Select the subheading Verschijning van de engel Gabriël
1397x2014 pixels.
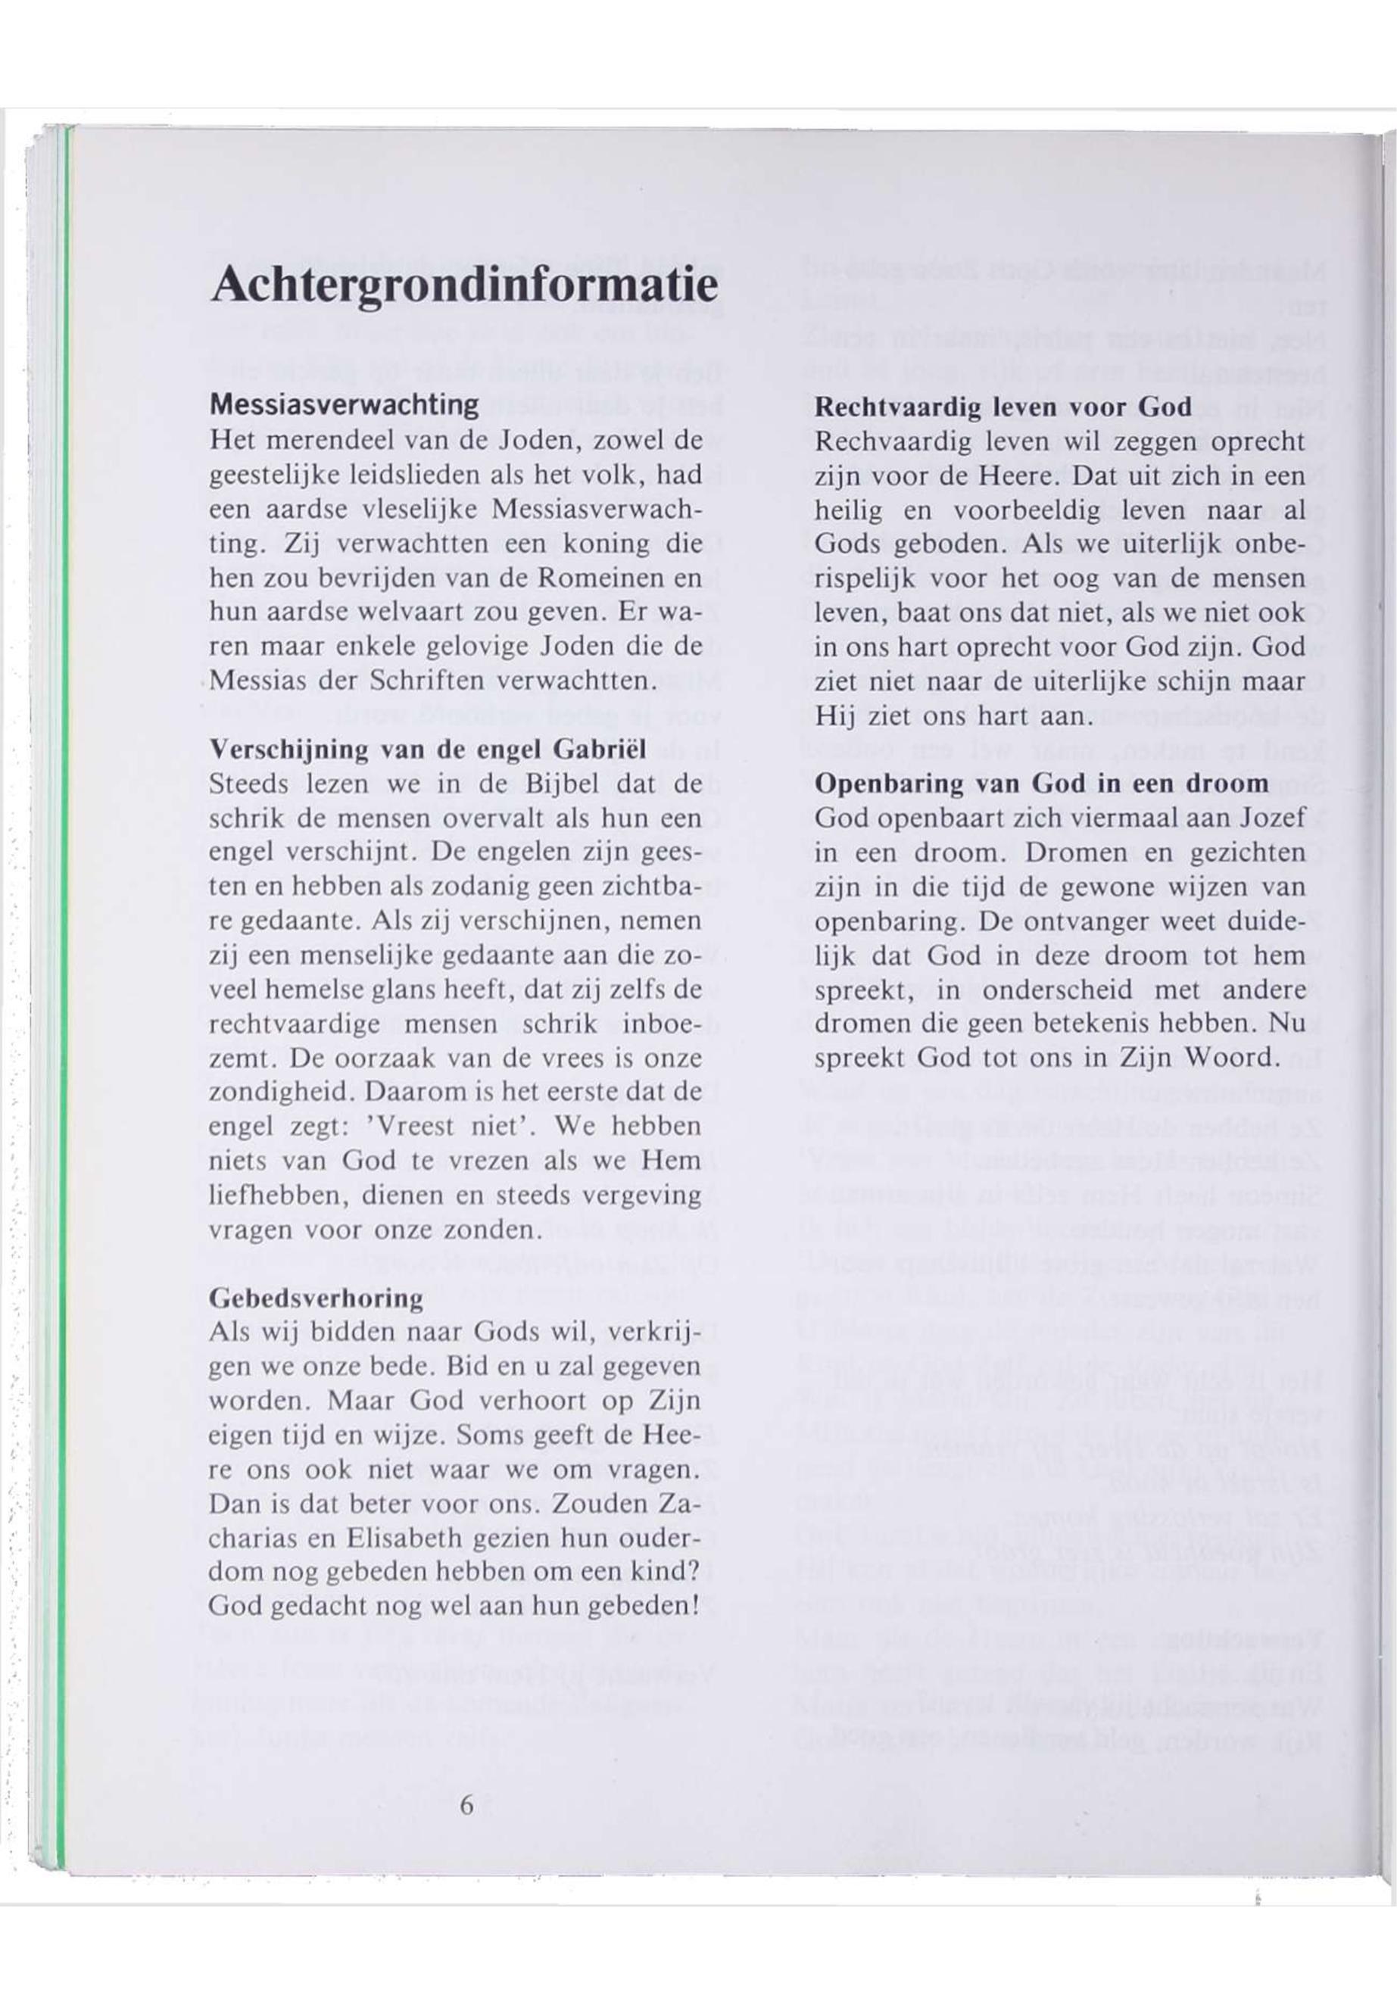428,750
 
